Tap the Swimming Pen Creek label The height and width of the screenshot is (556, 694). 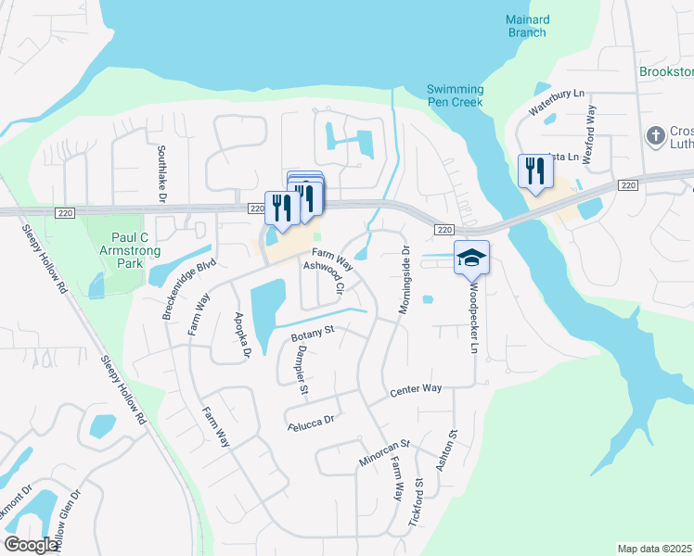(x=455, y=95)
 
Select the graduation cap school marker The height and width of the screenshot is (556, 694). (x=471, y=259)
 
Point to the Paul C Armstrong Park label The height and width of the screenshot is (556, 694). (x=122, y=244)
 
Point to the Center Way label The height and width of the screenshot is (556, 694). (x=416, y=390)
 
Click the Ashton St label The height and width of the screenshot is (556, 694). (x=454, y=447)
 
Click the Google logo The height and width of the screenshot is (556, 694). (x=32, y=545)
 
